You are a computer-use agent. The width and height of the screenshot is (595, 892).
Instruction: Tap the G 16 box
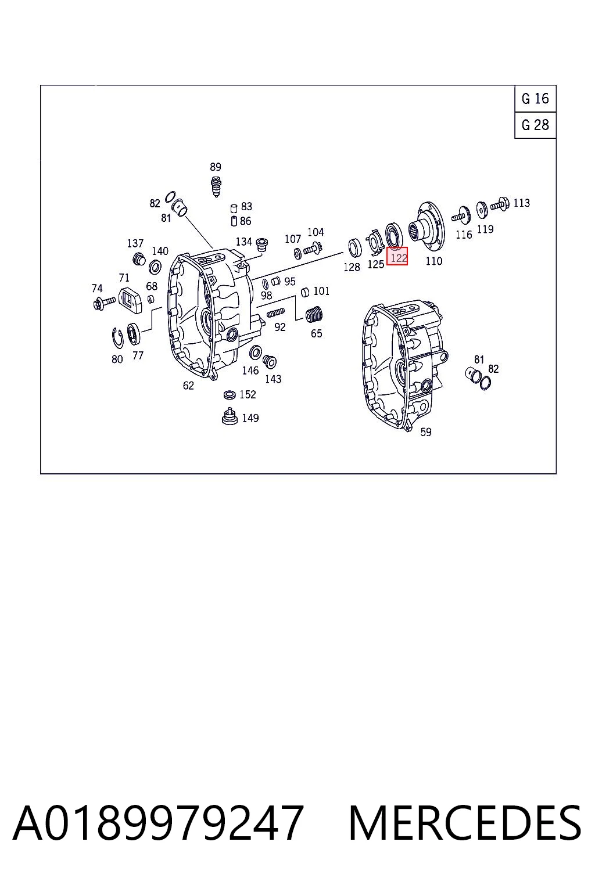(x=535, y=98)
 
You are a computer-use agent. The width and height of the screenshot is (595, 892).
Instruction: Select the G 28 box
(x=535, y=125)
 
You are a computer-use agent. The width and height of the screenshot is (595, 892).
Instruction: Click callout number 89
(x=215, y=167)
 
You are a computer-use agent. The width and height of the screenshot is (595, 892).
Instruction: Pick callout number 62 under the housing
(x=188, y=385)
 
